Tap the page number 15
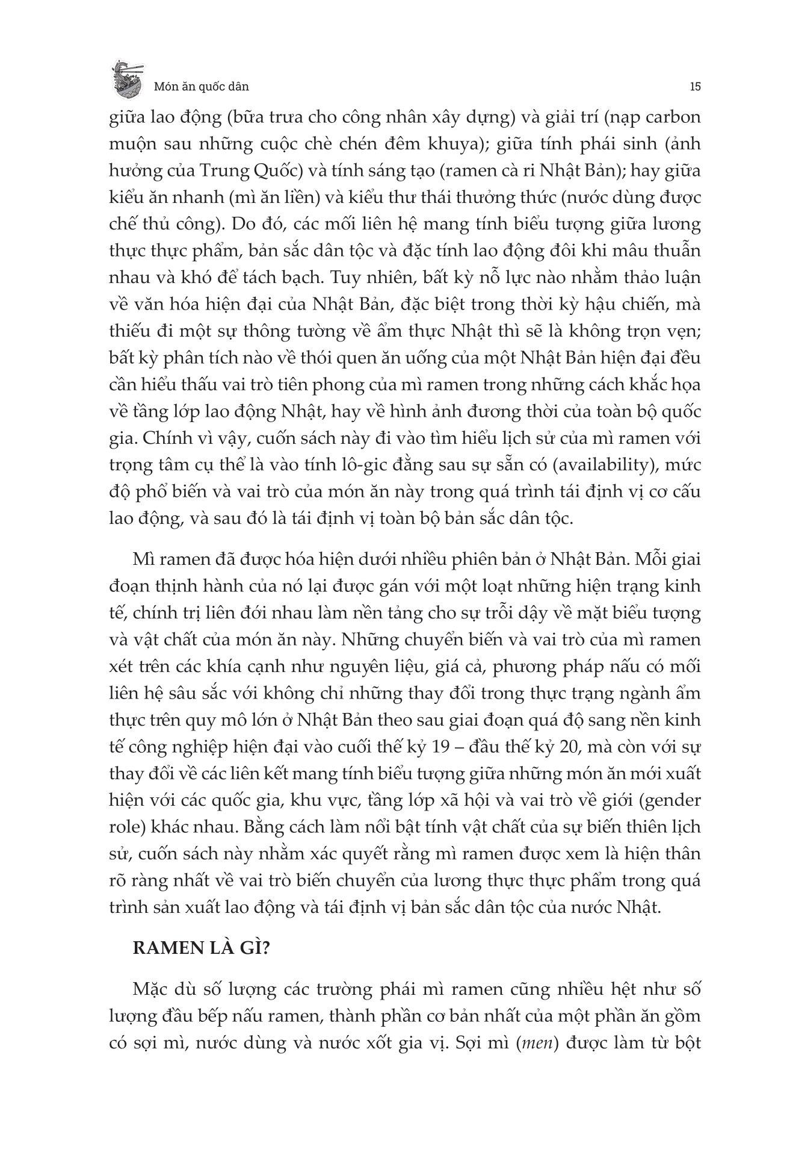point(694,86)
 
